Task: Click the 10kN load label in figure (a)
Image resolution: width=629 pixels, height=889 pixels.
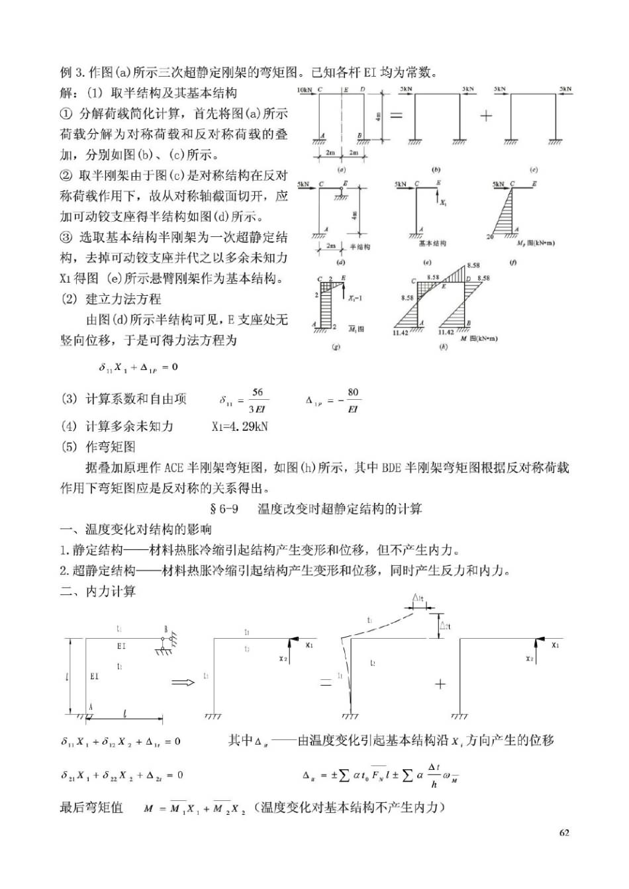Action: click(x=305, y=89)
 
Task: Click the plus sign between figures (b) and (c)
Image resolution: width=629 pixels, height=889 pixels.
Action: click(x=487, y=115)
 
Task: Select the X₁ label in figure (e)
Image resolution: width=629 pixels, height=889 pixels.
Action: click(x=444, y=202)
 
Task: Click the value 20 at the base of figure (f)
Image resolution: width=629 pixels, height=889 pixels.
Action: click(x=490, y=237)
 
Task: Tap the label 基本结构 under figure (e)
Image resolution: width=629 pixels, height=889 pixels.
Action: click(x=432, y=244)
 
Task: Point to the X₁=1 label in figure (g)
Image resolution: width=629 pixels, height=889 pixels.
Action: click(x=355, y=299)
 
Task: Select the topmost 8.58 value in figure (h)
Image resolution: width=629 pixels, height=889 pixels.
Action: click(x=473, y=265)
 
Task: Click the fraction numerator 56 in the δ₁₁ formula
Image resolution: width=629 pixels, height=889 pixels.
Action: click(x=258, y=393)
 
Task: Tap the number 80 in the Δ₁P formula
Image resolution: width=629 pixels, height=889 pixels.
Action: click(x=353, y=392)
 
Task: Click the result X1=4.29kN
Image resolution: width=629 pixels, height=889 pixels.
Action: click(x=240, y=426)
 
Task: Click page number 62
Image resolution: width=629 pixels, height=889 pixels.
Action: click(x=564, y=833)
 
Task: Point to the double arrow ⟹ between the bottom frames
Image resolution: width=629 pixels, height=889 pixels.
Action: click(x=183, y=682)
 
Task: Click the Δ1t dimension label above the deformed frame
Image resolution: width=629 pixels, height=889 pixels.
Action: click(x=418, y=598)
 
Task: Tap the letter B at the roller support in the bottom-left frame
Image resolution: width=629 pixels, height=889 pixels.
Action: click(x=166, y=629)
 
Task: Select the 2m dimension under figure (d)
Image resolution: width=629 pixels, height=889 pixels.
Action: click(x=330, y=246)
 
